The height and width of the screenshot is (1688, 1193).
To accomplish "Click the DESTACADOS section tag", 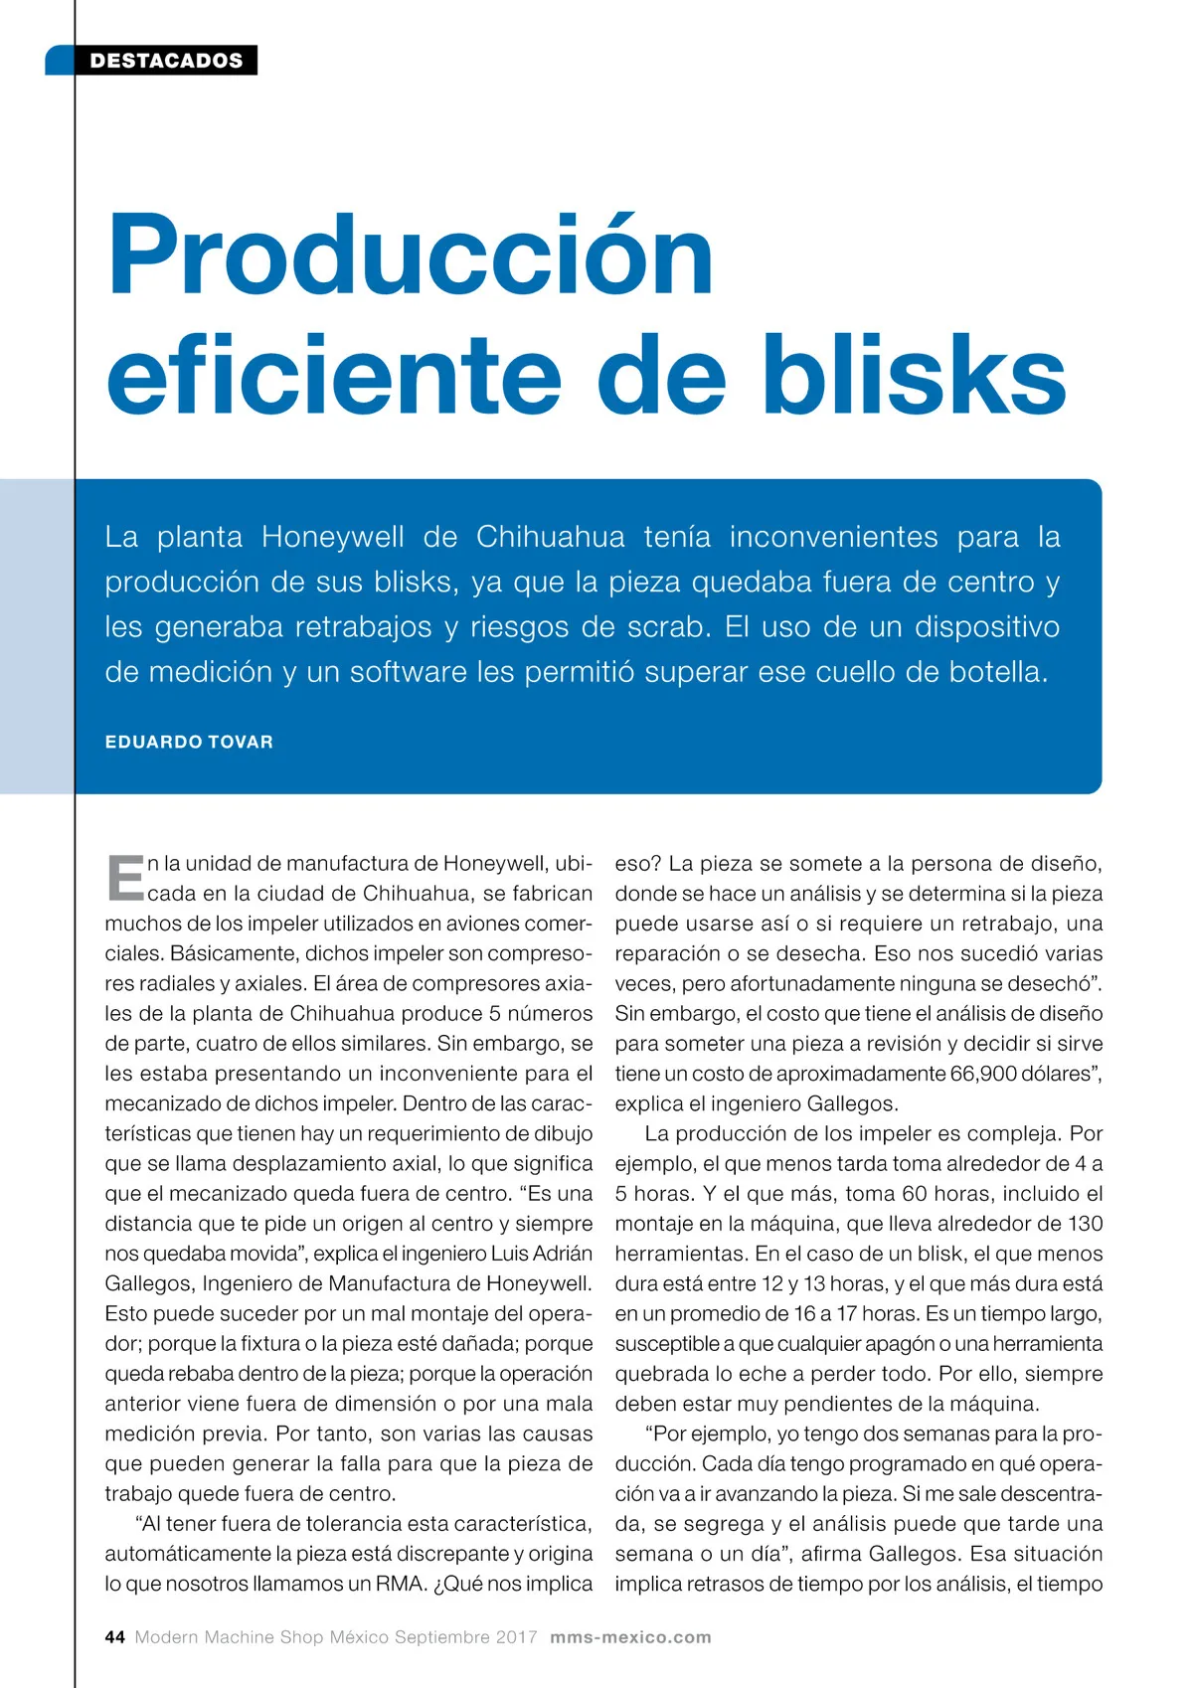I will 166,61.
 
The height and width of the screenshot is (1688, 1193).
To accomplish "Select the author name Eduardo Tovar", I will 189,742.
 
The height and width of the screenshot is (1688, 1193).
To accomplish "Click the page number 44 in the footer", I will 114,1637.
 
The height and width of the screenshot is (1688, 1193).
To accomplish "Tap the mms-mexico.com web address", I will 630,1637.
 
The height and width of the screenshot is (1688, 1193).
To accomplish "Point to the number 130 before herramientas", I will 1085,1224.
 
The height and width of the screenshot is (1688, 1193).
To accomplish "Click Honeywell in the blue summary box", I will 332,537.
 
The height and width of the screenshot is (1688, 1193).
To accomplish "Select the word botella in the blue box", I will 997,672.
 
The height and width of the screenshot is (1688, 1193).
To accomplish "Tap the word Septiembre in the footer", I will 441,1637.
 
